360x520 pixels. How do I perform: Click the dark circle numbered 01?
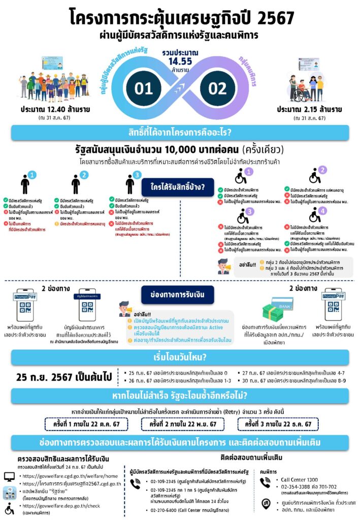coord(144,88)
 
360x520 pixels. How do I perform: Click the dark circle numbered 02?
coord(217,88)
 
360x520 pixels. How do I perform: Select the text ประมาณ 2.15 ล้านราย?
coord(309,109)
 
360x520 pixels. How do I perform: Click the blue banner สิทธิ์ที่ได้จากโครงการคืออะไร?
coord(180,133)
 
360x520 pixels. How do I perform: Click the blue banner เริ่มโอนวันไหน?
coord(180,358)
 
